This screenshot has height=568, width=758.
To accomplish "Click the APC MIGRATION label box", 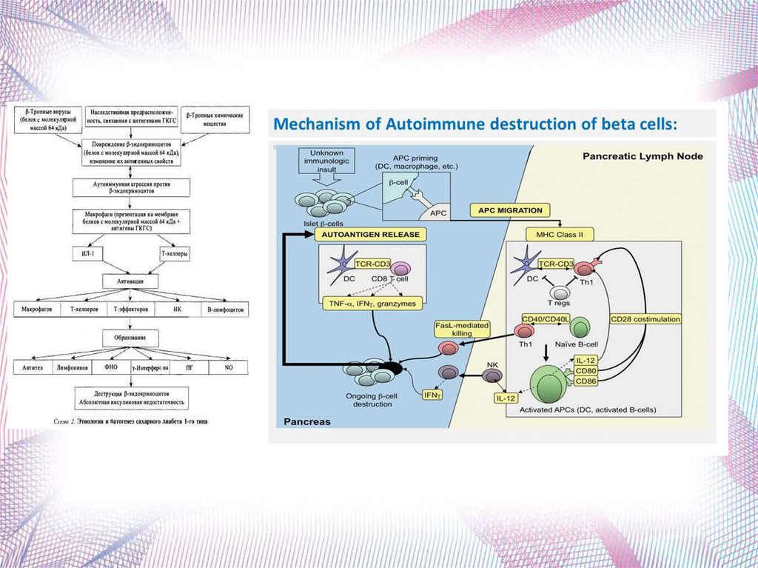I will click(x=510, y=210).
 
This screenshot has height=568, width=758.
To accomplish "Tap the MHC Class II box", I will click(x=560, y=234).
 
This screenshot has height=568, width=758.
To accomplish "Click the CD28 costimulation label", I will click(x=645, y=319).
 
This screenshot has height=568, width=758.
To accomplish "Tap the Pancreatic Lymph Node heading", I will click(x=643, y=156).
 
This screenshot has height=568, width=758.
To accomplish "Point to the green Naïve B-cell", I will click(x=578, y=329).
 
